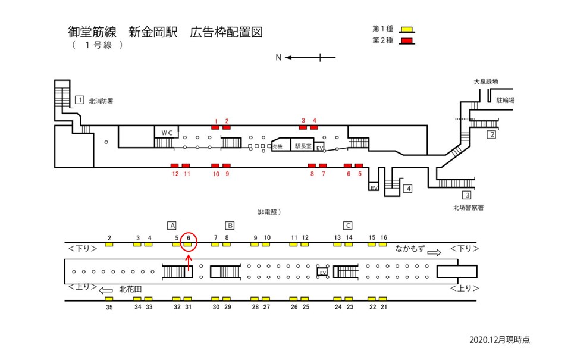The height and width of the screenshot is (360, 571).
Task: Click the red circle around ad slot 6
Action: pyautogui.click(x=188, y=240)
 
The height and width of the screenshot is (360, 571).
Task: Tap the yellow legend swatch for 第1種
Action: pyautogui.click(x=407, y=29)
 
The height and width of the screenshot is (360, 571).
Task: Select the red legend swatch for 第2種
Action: pyautogui.click(x=407, y=40)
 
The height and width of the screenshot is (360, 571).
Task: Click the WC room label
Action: pyautogui.click(x=165, y=133)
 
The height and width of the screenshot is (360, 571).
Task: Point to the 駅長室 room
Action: pyautogui.click(x=302, y=145)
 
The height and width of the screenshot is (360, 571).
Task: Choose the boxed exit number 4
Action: pyautogui.click(x=407, y=189)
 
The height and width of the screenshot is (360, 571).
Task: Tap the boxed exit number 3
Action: pyautogui.click(x=468, y=195)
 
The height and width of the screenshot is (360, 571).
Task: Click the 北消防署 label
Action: pyautogui.click(x=101, y=101)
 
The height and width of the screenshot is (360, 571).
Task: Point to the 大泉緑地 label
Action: pyautogui.click(x=485, y=82)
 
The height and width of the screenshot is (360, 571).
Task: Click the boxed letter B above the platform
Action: pyautogui.click(x=230, y=226)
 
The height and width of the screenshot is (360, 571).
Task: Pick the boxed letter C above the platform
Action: pyautogui.click(x=349, y=226)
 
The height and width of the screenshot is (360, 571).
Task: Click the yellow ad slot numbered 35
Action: pyautogui.click(x=109, y=299)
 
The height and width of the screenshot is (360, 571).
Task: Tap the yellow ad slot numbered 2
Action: pyautogui.click(x=109, y=244)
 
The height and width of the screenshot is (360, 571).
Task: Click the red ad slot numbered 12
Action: pyautogui.click(x=175, y=165)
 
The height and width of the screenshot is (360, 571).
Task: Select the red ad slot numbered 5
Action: pyautogui.click(x=359, y=165)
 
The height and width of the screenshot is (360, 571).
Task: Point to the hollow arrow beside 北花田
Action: pyautogui.click(x=106, y=291)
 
